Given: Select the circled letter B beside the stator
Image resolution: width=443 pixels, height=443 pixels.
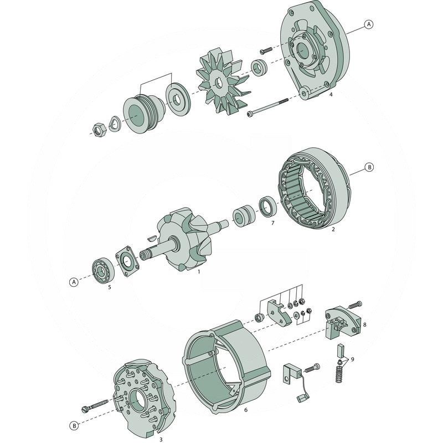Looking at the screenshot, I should (x=369, y=166).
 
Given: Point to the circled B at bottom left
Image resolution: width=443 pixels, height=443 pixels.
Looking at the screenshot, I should (x=74, y=425).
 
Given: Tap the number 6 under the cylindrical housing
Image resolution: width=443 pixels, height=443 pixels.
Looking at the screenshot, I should (x=245, y=410).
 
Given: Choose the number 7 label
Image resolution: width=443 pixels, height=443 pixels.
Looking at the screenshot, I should (x=272, y=223).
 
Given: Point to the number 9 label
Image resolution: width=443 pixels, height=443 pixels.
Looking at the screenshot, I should (x=352, y=359).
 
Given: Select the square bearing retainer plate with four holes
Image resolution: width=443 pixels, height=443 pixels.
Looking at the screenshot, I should (x=127, y=262).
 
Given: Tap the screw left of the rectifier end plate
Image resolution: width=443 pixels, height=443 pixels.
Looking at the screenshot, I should (x=96, y=408).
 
